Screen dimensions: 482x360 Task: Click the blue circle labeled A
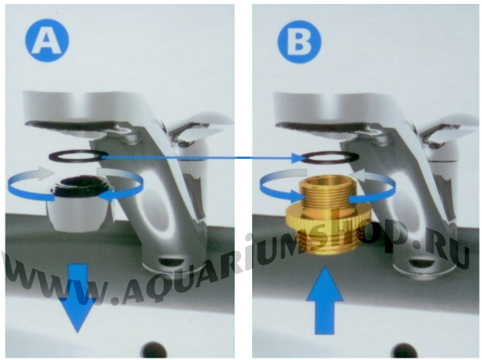pos(47,41)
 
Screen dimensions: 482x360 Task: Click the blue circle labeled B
pos(299,42)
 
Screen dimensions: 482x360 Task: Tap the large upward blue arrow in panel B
pos(325,300)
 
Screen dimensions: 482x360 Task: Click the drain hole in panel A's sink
pos(154,350)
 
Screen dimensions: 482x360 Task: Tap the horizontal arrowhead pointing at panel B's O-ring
pos(298,158)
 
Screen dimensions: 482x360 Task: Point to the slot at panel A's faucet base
pos(172,261)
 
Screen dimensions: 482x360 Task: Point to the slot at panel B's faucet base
pos(423,263)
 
